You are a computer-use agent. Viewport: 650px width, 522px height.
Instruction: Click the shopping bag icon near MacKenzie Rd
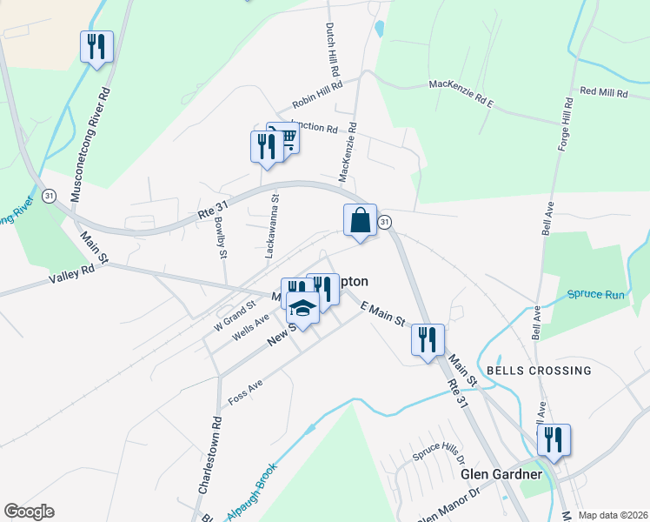click(361, 221)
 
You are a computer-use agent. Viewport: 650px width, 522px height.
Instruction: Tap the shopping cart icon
click(284, 137)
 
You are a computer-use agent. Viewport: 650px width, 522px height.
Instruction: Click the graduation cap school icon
click(302, 309)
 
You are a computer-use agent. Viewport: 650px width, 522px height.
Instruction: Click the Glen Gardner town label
click(501, 474)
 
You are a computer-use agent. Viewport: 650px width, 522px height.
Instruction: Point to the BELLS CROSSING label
click(539, 371)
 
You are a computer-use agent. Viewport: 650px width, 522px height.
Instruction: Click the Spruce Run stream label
click(596, 295)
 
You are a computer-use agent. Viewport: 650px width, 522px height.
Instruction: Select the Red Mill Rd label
click(603, 91)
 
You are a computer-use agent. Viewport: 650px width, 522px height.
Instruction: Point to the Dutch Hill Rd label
click(331, 48)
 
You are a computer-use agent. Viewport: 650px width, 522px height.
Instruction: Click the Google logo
click(30, 512)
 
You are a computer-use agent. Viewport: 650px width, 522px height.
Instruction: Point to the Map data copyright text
click(613, 515)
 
